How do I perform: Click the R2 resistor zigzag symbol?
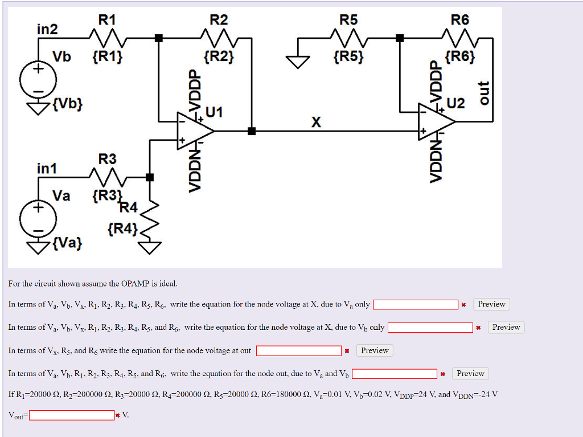click(219, 39)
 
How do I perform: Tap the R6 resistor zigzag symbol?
click(460, 39)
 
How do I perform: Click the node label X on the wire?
click(316, 122)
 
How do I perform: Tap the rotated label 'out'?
click(483, 94)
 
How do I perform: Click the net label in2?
click(47, 29)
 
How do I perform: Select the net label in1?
click(47, 169)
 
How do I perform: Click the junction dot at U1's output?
click(251, 131)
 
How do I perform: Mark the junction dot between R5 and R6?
click(400, 38)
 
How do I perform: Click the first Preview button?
click(491, 304)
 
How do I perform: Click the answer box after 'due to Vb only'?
click(430, 328)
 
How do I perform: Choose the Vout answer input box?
click(72, 415)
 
